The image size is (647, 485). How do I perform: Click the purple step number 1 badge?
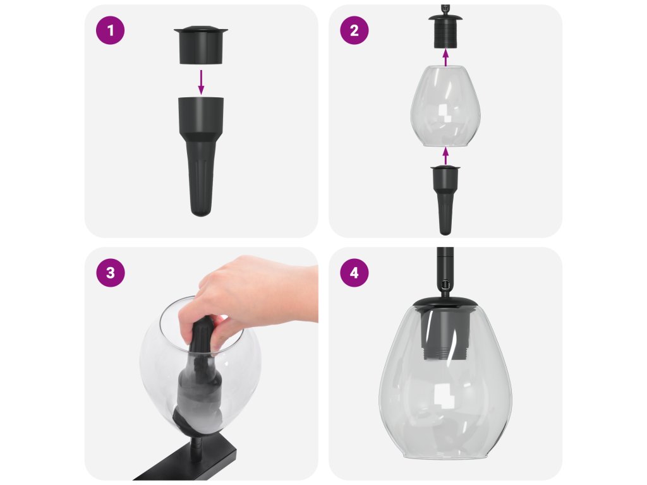(x=110, y=30)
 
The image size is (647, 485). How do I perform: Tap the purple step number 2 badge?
(x=354, y=30)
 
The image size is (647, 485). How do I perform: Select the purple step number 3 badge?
(x=110, y=273)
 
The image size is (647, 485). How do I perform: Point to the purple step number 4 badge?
(x=354, y=273)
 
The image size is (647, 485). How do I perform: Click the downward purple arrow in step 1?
(x=201, y=81)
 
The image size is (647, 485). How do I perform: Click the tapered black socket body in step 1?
(x=201, y=157)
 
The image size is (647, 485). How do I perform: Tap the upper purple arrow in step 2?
(x=445, y=57)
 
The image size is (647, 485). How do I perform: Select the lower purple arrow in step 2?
(x=445, y=155)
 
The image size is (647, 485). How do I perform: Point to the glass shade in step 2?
(x=445, y=105)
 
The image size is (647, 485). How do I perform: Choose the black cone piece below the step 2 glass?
(x=445, y=200)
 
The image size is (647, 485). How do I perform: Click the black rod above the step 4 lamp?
(x=445, y=272)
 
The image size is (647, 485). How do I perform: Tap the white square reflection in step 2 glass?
(x=444, y=115)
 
